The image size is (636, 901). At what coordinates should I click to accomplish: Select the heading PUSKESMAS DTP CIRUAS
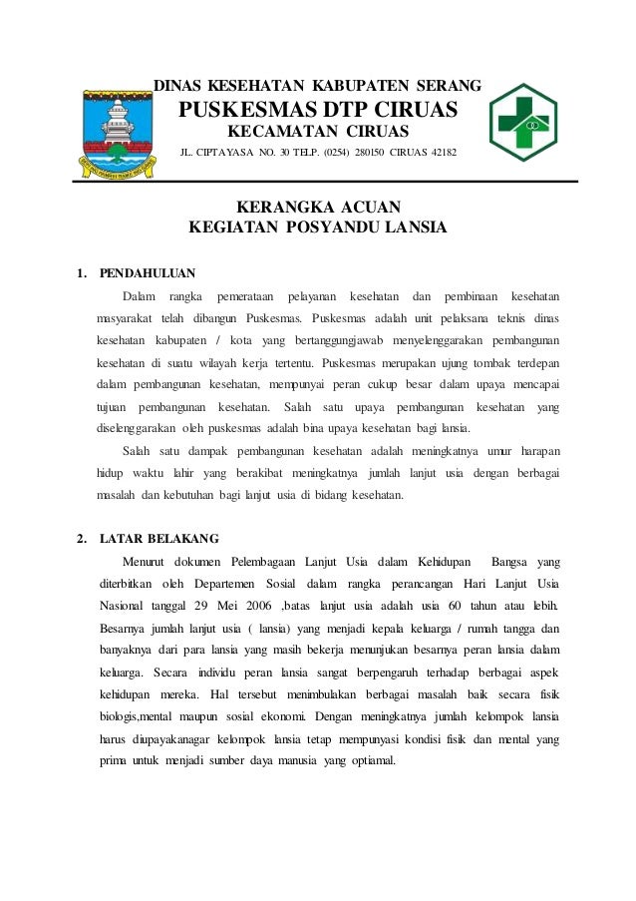click(317, 108)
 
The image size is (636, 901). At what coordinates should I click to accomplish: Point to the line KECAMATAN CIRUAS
click(317, 133)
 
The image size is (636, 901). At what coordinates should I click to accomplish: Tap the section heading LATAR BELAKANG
click(159, 539)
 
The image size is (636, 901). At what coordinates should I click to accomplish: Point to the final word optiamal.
click(367, 760)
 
